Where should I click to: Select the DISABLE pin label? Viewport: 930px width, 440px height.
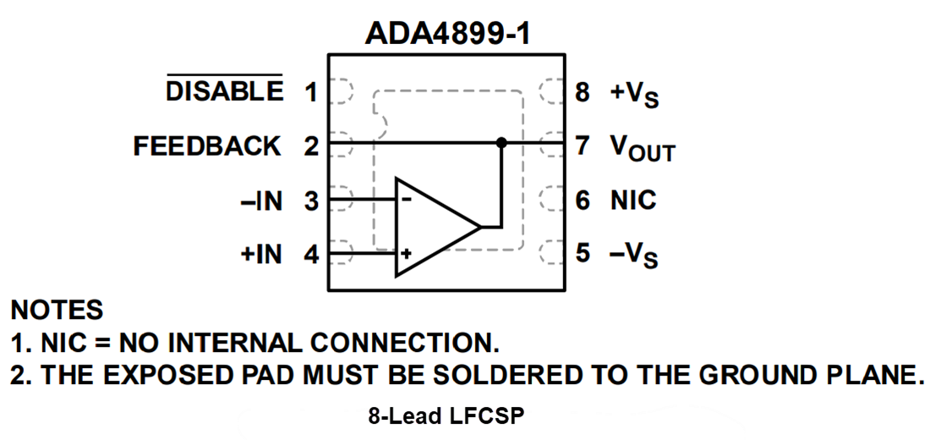click(225, 91)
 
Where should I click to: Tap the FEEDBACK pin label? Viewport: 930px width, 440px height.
click(207, 146)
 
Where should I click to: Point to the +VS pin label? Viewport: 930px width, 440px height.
click(634, 93)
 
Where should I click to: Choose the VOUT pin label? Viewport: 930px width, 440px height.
click(642, 148)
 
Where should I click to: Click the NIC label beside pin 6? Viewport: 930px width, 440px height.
click(633, 201)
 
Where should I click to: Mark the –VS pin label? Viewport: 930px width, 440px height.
click(633, 255)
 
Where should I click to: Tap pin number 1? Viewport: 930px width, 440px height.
click(311, 91)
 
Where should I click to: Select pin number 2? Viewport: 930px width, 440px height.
click(311, 146)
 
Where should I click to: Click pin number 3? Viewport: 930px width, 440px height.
click(311, 201)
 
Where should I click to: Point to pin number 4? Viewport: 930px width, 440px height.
click(311, 254)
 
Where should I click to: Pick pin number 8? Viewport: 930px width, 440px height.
click(583, 91)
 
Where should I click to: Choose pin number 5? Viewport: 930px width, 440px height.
click(583, 254)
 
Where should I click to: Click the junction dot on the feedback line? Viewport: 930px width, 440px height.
click(501, 143)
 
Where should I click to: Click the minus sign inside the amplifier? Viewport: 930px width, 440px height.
click(407, 200)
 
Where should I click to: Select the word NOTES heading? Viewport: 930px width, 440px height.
click(57, 310)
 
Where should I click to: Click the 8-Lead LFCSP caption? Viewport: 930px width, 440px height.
click(447, 416)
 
